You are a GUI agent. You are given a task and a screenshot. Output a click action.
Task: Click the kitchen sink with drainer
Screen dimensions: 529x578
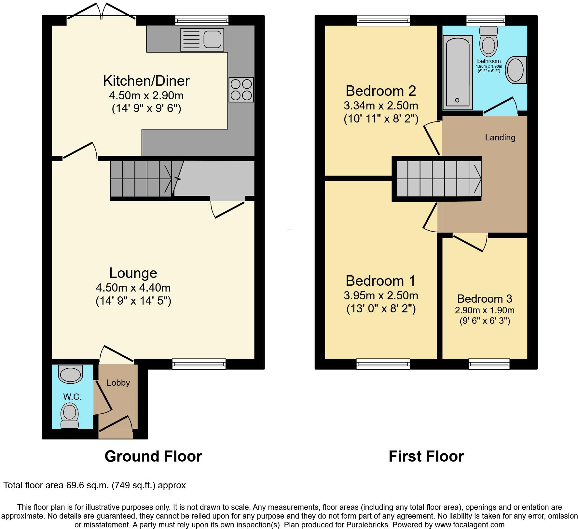coord(202,40)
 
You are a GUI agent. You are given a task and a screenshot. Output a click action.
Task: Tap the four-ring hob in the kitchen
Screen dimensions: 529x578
coord(241,90)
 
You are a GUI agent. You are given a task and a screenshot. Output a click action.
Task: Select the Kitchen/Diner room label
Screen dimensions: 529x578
coord(146,81)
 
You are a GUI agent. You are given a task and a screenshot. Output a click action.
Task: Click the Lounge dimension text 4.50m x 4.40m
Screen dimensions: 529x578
coord(133,288)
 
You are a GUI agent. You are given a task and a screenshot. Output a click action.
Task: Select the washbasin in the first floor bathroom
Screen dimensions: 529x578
coord(516,70)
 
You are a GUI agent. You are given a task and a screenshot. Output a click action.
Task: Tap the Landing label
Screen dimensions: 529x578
coord(500,137)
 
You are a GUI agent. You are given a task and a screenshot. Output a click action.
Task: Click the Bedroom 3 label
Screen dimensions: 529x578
coord(484,298)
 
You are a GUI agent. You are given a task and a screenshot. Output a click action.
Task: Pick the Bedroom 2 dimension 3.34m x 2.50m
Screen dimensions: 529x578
coord(381,106)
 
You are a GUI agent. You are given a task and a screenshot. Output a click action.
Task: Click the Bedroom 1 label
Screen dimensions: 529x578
coord(380,280)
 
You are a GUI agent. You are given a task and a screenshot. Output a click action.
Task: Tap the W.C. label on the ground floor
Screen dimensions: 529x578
coord(72,396)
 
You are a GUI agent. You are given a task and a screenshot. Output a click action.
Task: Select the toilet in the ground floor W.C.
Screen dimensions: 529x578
coord(69,415)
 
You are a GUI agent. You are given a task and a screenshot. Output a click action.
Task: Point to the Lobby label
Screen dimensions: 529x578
coord(118,383)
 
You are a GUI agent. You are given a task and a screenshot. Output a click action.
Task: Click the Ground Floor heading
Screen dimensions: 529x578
coord(153,456)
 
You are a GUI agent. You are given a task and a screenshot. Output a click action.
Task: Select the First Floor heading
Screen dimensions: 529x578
coord(426,456)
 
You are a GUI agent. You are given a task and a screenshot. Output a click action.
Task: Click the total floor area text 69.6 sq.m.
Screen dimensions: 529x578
coord(94,485)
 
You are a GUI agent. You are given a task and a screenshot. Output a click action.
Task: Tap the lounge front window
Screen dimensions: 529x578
coord(199,364)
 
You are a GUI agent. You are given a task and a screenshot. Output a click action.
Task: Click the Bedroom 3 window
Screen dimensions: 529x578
coord(489,364)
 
